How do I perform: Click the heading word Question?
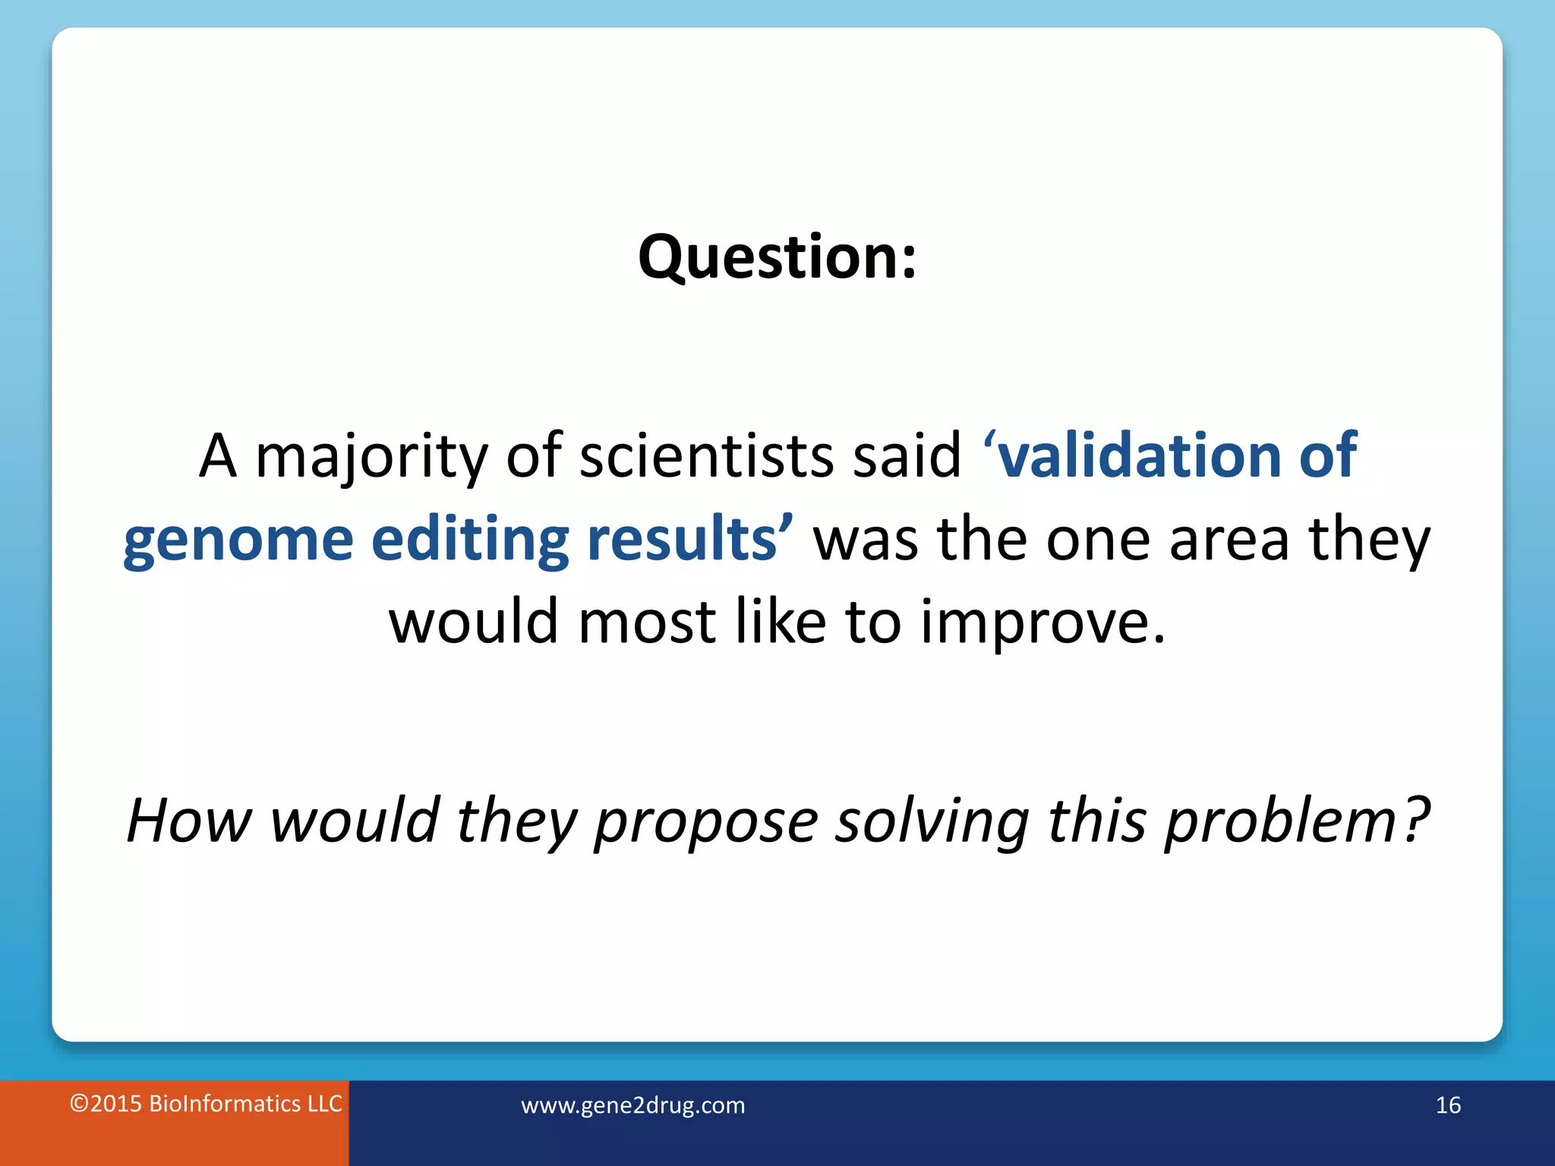point(777,258)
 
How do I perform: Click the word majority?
point(371,457)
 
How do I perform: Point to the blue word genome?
point(238,540)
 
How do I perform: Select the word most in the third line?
point(647,622)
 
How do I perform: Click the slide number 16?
point(1448,1105)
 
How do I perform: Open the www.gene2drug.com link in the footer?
point(632,1105)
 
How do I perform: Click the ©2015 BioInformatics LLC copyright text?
point(206,1104)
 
